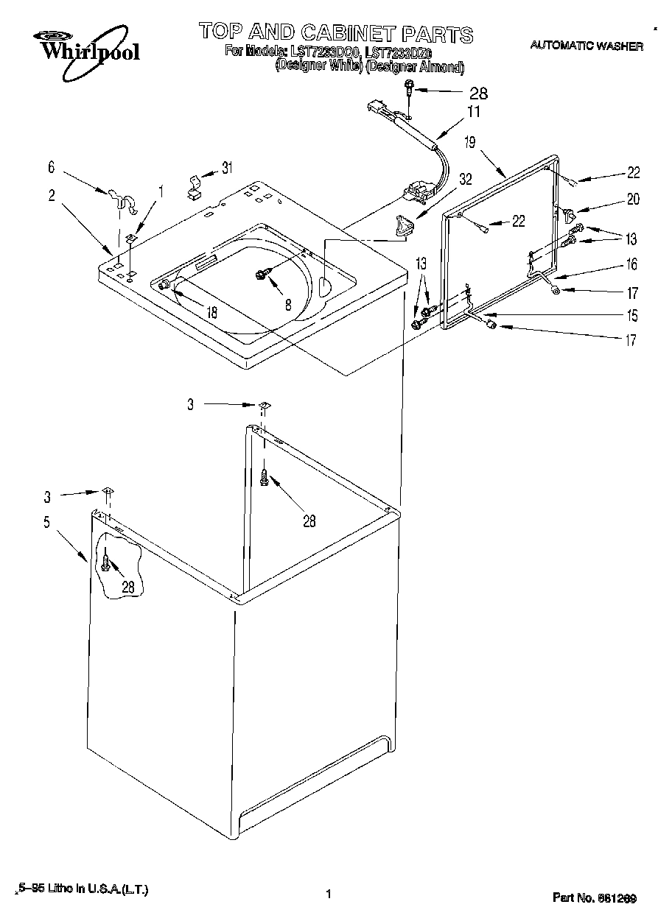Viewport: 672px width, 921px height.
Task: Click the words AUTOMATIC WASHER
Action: [x=587, y=46]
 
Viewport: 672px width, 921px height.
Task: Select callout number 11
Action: [x=473, y=113]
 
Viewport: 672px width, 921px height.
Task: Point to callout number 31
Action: [x=228, y=168]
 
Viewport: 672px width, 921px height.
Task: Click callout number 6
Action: [x=51, y=168]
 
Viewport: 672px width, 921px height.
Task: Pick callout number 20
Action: [x=633, y=199]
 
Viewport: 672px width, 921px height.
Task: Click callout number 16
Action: [x=631, y=264]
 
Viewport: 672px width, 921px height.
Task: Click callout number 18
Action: [x=212, y=311]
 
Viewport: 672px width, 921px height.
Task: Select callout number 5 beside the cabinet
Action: [x=46, y=522]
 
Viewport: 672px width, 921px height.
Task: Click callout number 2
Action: [x=51, y=195]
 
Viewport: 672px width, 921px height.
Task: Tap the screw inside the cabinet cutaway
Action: [x=106, y=563]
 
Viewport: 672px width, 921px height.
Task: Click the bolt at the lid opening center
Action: [x=262, y=274]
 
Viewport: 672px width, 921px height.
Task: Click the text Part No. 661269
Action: [x=594, y=897]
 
